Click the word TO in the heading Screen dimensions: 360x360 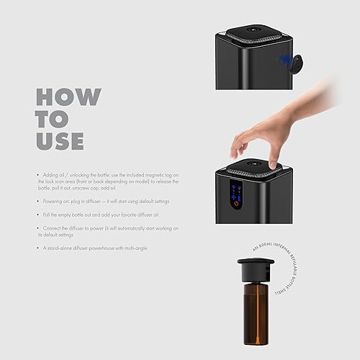pos(52,119)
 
